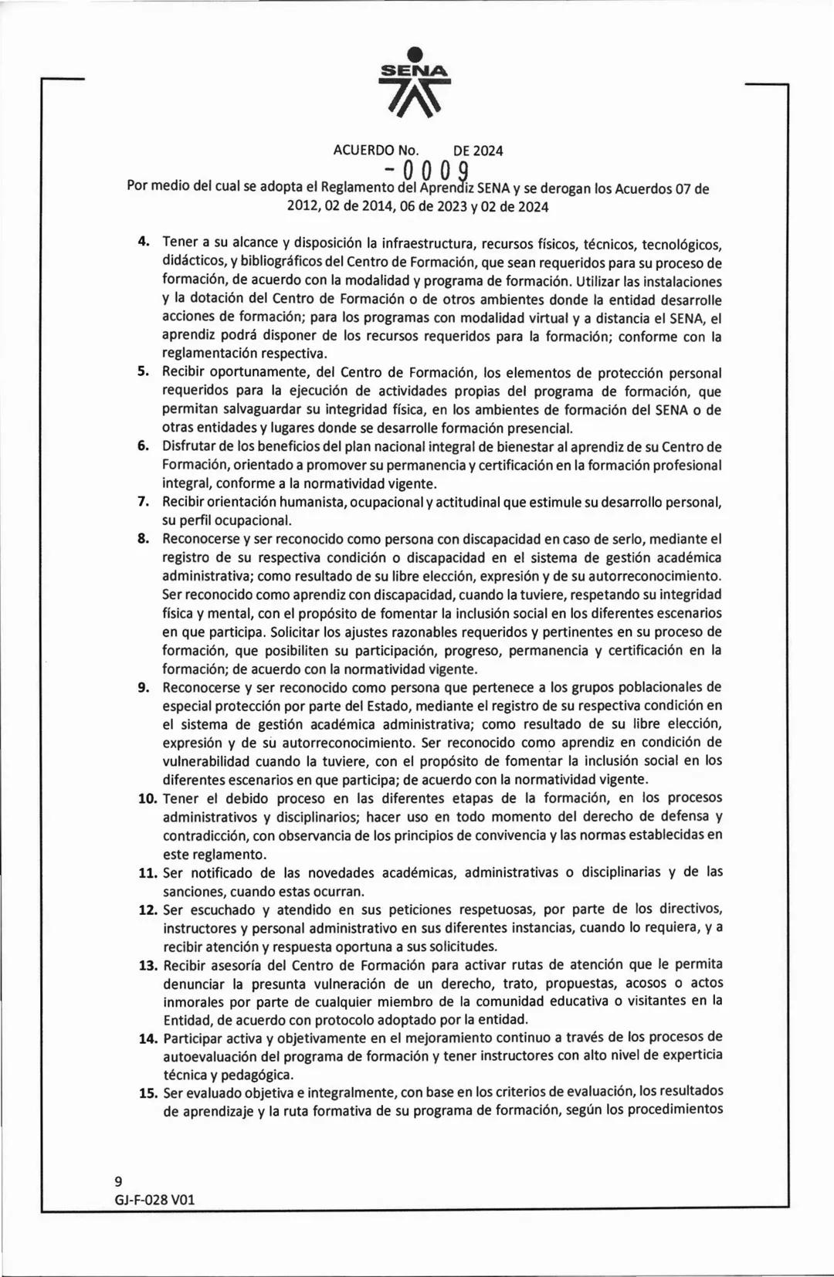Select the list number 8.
[143, 539]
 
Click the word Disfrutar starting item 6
[189, 447]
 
